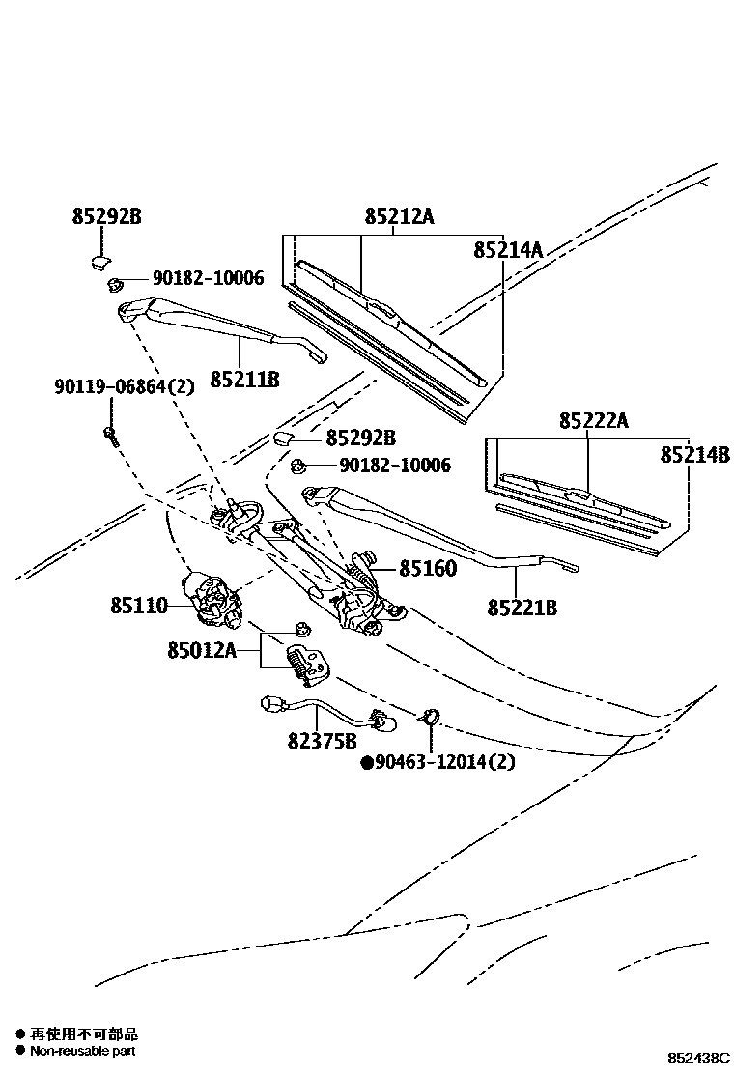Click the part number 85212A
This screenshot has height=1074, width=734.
[399, 217]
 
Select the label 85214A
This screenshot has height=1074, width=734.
[508, 250]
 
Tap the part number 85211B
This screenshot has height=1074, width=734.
[244, 380]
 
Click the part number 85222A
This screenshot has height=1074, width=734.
[593, 421]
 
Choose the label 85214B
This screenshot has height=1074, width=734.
[694, 454]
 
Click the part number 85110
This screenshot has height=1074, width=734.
[138, 606]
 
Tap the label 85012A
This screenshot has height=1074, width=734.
[201, 650]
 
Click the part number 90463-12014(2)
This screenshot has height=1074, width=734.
[444, 761]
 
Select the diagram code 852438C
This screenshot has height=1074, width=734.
[698, 1060]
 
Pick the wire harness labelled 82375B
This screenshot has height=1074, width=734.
[319, 710]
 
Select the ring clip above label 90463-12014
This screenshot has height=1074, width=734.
[430, 716]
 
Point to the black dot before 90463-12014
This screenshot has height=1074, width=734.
[366, 762]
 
